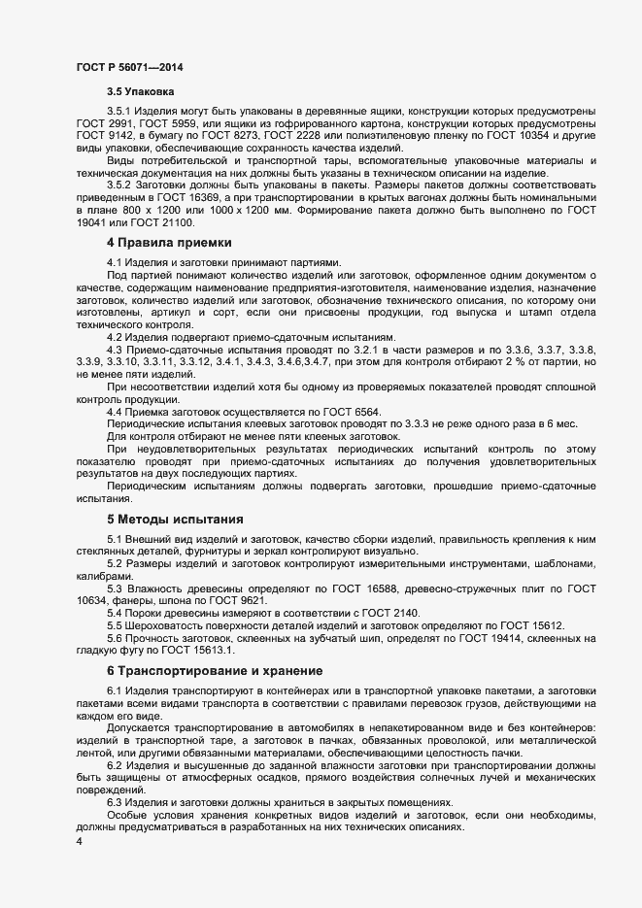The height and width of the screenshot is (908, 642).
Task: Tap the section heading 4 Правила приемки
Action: point(162,242)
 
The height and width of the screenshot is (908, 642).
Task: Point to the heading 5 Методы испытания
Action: point(167,520)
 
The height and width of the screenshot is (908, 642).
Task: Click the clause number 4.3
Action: point(117,348)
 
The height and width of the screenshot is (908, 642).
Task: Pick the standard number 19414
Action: point(477,638)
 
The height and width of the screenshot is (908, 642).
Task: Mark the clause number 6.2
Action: point(117,765)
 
